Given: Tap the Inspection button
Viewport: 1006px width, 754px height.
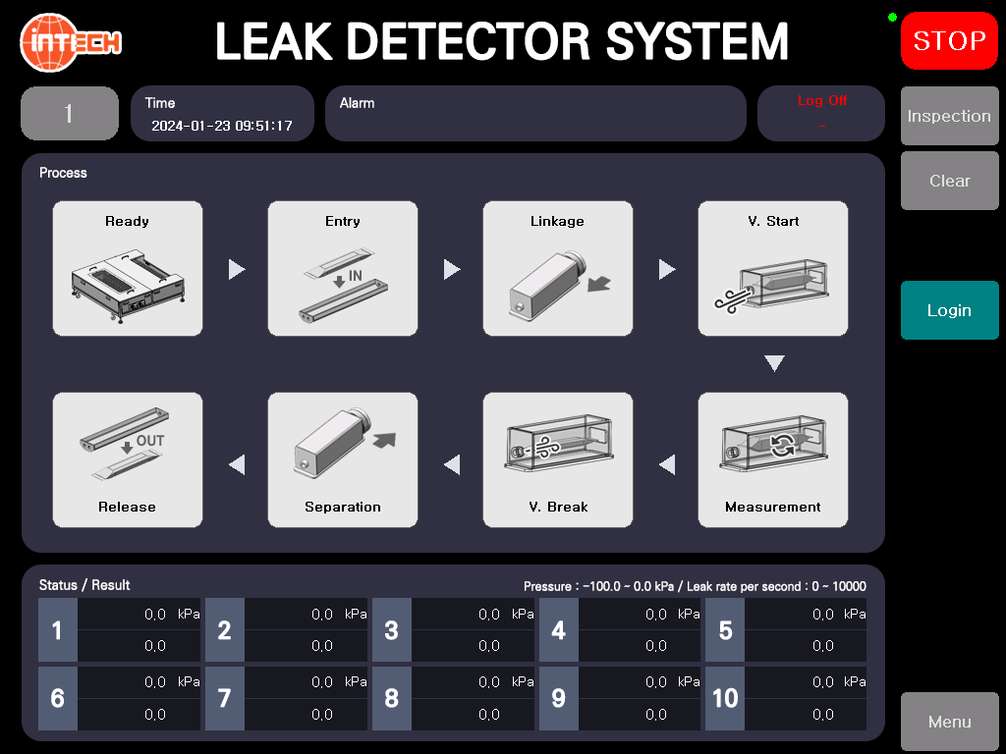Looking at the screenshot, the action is [x=950, y=116].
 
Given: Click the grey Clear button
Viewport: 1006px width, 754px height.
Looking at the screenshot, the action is [x=950, y=181].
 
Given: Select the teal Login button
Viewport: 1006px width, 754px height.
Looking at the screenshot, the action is [x=950, y=310].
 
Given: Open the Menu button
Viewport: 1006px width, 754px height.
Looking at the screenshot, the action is [x=950, y=722].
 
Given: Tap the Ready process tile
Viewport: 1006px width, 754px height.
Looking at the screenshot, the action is [x=128, y=269].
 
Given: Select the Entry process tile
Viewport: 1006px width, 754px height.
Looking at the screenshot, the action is [x=343, y=269].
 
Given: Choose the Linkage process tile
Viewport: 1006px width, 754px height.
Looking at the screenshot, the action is [x=558, y=269].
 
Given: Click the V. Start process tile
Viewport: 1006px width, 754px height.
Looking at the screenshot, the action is [x=773, y=269].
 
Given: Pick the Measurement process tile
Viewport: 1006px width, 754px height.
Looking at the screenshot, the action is [x=773, y=459].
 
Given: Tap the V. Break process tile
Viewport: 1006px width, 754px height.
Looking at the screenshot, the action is [x=558, y=459].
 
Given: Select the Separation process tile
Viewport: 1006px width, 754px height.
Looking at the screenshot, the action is [x=343, y=459].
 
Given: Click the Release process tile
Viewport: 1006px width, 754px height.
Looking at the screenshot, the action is [x=128, y=459].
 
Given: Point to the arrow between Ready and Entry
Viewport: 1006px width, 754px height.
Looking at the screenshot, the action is [x=236, y=269].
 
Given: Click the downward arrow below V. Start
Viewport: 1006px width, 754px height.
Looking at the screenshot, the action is [x=774, y=363].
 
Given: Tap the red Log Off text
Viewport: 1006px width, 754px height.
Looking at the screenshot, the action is [x=822, y=101].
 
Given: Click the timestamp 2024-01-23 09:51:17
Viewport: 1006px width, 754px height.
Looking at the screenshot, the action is [x=222, y=126].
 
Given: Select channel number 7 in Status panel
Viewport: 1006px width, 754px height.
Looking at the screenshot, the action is [x=225, y=698].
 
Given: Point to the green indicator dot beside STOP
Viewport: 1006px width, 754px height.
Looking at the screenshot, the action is [x=892, y=18].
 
